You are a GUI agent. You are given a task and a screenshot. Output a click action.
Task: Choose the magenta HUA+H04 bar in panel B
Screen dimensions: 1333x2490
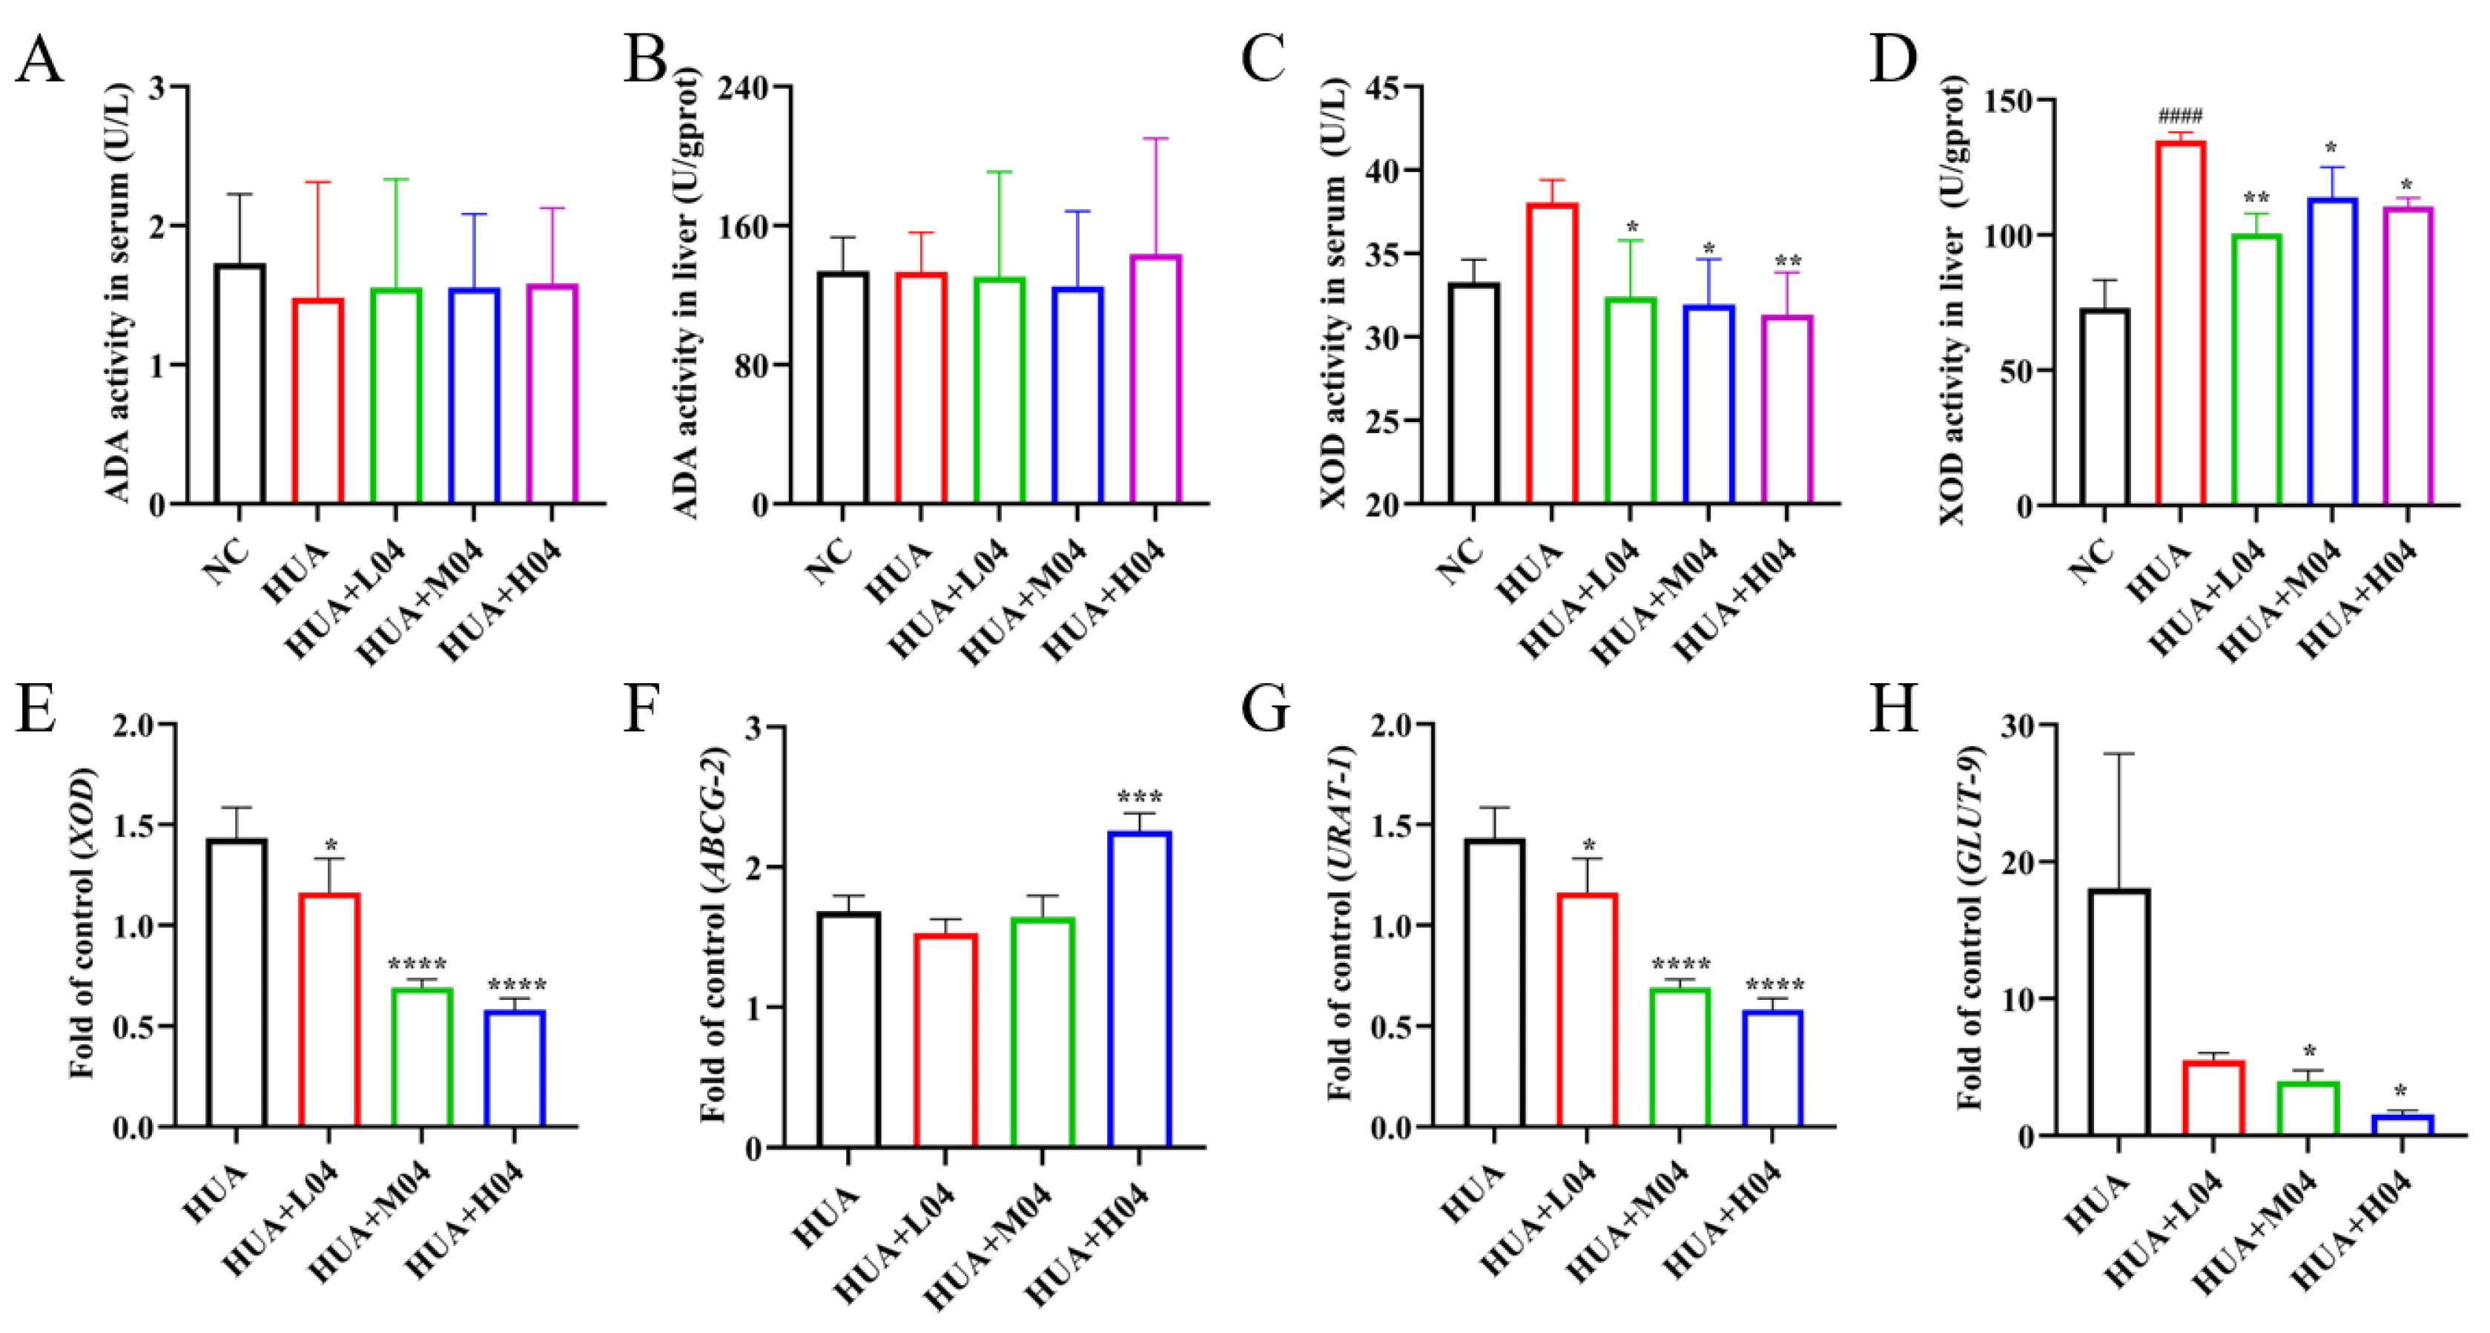click(1156, 379)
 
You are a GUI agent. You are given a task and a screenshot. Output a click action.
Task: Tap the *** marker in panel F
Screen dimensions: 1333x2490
click(1140, 798)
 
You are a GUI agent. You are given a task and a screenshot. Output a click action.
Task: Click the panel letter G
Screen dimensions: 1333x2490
click(1264, 708)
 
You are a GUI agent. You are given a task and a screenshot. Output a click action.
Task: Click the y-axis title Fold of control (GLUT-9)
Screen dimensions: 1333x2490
click(1969, 928)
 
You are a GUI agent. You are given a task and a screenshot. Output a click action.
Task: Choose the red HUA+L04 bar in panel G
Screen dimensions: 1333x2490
click(1586, 1010)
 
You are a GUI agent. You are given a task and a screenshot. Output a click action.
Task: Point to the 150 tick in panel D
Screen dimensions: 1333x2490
click(2009, 101)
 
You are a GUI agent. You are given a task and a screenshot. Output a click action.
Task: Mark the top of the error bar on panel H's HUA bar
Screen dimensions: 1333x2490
click(2118, 754)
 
